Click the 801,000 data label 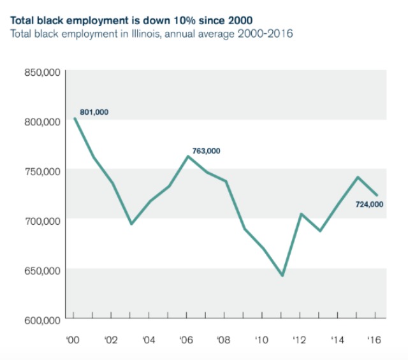(94, 112)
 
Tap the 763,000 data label (206, 151)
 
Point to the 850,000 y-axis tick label (42, 72)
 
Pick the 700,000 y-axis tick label (42, 220)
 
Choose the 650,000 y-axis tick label (42, 270)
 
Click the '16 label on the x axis (374, 339)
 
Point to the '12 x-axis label (300, 339)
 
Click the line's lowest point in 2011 (282, 276)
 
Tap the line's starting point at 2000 (75, 118)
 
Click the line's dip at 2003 (131, 224)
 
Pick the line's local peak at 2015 (357, 177)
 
